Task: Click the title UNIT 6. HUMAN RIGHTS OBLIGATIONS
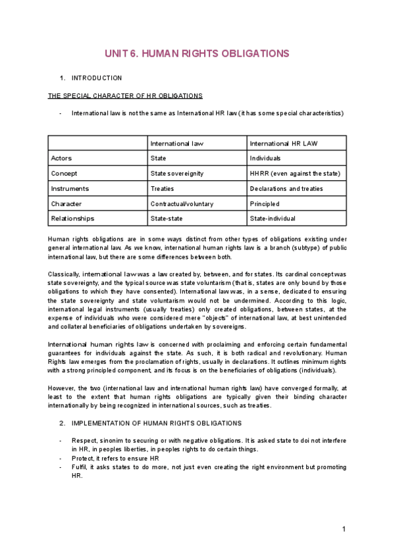point(197,53)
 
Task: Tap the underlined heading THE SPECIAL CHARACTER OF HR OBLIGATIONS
point(125,95)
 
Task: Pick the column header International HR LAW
point(280,143)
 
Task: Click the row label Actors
point(62,158)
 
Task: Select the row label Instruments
point(70,188)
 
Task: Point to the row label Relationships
point(72,218)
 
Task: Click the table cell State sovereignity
point(176,173)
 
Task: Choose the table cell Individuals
point(265,158)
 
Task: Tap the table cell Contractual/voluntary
point(182,203)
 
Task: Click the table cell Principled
point(264,203)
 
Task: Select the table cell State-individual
point(273,218)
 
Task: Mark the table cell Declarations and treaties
point(286,188)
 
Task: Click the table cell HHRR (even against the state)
point(294,173)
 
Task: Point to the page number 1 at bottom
point(344,530)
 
